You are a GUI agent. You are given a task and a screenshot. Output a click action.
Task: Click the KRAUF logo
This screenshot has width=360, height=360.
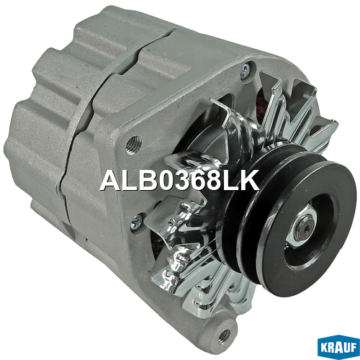pos(338,348)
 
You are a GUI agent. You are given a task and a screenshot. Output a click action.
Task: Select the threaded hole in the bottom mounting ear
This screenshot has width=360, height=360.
pos(225,334)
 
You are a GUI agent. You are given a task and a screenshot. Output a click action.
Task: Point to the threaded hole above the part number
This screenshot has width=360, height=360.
pos(135,143)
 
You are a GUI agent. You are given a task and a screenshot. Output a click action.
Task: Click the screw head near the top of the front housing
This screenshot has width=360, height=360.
pos(246,69)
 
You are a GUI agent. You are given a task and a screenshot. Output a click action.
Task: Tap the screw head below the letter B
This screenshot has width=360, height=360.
pos(136,221)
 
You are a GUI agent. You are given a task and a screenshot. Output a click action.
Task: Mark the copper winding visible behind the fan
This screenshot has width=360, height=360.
pos(261,104)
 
